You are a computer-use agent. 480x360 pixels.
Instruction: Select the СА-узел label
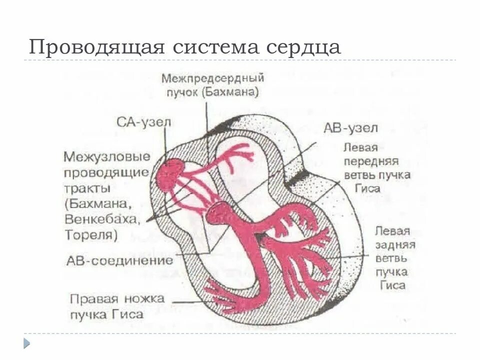coord(143,122)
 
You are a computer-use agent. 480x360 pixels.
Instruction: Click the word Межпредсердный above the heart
coord(212,78)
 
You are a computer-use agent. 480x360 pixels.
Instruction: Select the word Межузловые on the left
coord(107,156)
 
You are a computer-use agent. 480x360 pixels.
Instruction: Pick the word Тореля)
coord(91,234)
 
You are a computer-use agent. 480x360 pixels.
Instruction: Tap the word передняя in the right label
coord(370,162)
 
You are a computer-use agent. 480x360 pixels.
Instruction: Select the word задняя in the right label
coord(393,245)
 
